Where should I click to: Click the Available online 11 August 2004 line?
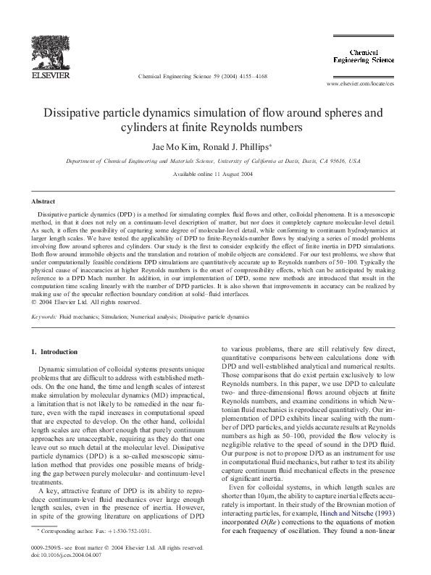(x=215, y=175)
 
